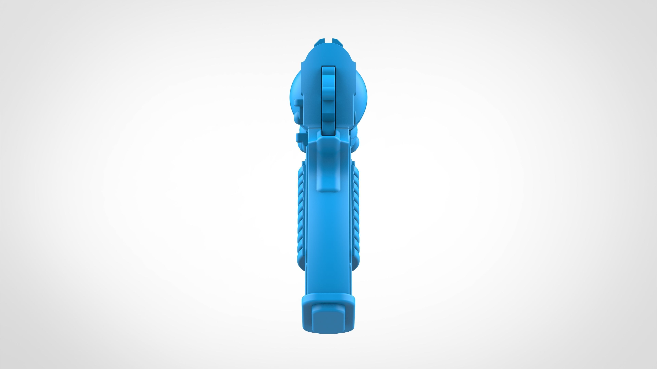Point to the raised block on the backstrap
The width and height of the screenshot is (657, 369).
tap(328, 166)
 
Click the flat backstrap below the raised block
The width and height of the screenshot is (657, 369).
tap(328, 242)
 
